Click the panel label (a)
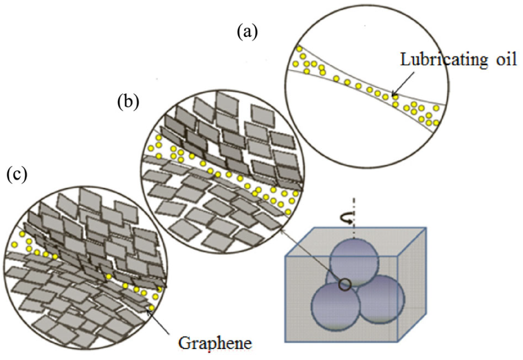tap(247, 32)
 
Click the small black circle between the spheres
tap(344, 285)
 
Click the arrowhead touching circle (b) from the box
tap(282, 229)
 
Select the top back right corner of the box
tap(426, 228)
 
